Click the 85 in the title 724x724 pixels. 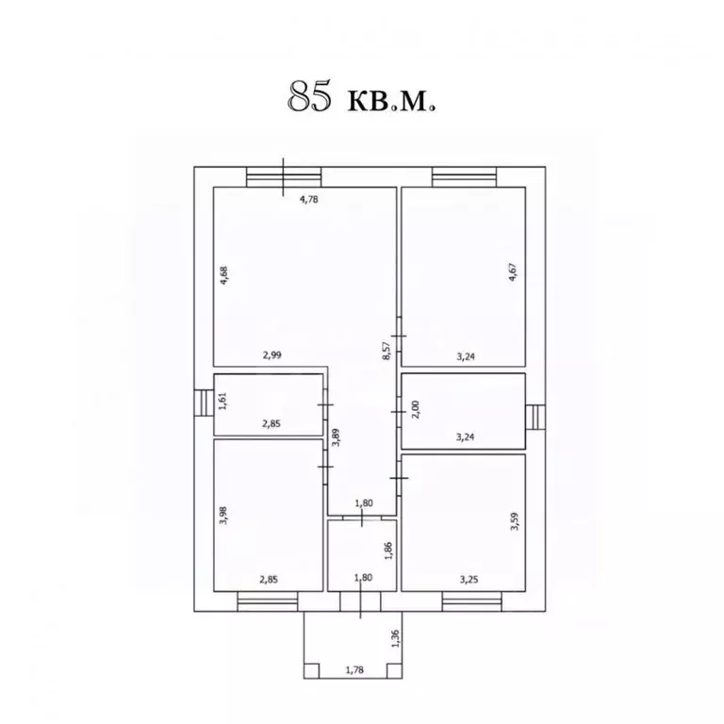click(309, 96)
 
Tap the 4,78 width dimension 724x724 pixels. click(309, 200)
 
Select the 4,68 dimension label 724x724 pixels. click(224, 275)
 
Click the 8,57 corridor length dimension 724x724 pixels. click(387, 351)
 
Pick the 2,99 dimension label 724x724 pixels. click(271, 355)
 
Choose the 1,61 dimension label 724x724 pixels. click(223, 401)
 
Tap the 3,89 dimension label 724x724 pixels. click(337, 436)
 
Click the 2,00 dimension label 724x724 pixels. click(415, 409)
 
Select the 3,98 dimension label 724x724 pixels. click(224, 516)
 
